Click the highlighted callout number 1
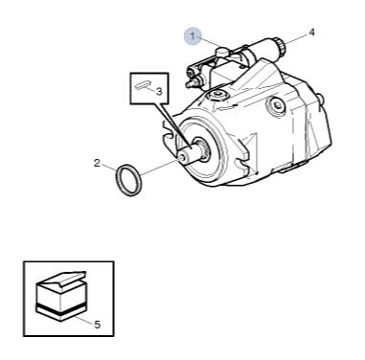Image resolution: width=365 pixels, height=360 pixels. pos(193,36)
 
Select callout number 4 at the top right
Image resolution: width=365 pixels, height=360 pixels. pos(311,33)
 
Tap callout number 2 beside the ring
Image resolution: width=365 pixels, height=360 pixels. pos(97,163)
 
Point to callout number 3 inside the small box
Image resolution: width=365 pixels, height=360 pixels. pos(159,92)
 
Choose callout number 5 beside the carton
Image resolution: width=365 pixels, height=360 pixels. pos(97,325)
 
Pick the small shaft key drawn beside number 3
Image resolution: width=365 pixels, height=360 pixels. pos(143,86)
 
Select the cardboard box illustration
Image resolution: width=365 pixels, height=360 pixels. pos(61,296)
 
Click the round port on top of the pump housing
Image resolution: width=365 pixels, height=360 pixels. pos(217,95)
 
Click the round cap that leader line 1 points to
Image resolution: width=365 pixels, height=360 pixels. pos(221,51)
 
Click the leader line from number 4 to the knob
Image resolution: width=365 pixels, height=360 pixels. pos(296,38)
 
